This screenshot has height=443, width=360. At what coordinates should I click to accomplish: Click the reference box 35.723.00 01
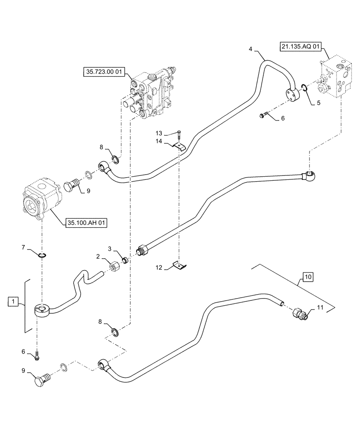[102, 71]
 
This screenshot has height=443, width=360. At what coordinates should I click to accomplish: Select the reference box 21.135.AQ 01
[300, 46]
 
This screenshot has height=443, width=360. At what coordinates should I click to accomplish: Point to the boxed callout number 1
[14, 303]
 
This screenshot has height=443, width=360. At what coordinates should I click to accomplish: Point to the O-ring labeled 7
[42, 254]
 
